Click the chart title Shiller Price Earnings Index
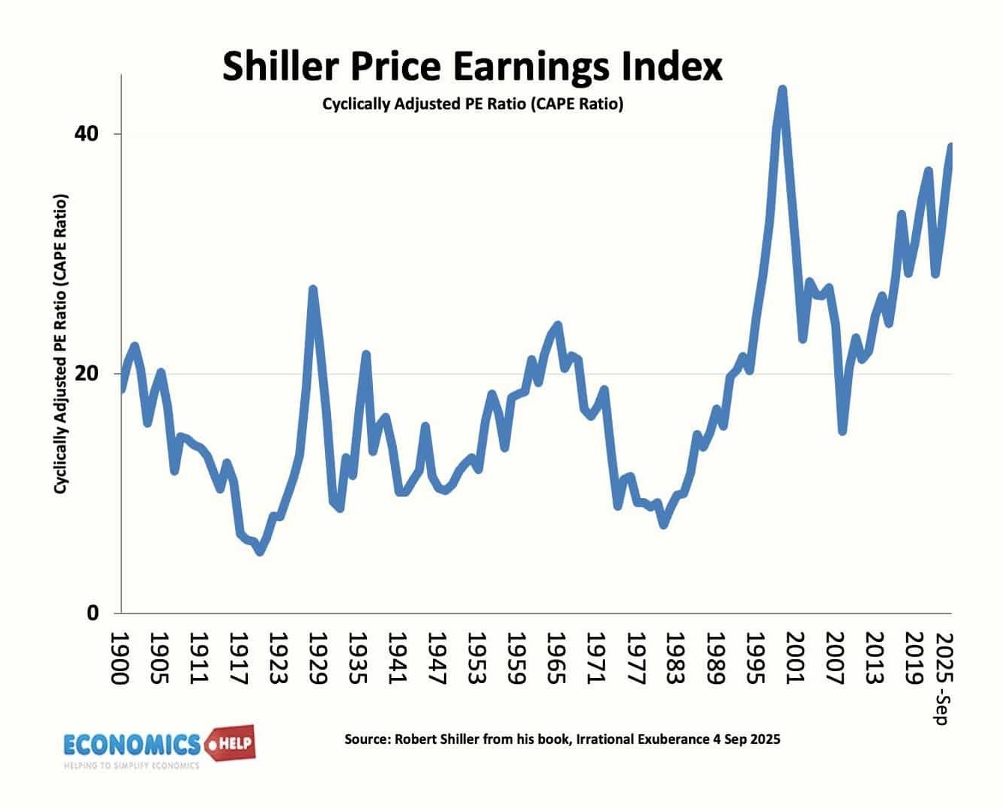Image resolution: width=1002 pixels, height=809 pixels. [x=473, y=66]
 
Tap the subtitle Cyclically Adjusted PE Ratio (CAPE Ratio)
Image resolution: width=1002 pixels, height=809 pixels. [x=473, y=104]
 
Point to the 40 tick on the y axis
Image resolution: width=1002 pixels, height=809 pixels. [x=86, y=134]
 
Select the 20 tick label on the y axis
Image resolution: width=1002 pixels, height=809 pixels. [x=86, y=373]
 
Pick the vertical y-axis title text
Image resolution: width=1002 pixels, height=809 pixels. [x=61, y=344]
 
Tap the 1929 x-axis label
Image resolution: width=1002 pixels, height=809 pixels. [x=317, y=658]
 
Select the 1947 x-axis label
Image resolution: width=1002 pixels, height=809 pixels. [x=435, y=658]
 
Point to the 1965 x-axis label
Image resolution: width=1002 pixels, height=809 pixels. [x=554, y=658]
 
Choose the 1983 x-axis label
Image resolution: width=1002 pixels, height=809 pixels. [x=673, y=658]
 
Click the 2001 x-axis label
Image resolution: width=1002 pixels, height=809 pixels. [x=792, y=658]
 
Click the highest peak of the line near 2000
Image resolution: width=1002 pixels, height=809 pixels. [x=782, y=90]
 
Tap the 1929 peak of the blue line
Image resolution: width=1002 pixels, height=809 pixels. [x=313, y=289]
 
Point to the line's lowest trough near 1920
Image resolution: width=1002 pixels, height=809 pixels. [x=260, y=551]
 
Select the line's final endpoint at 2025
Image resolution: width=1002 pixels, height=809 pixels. [x=951, y=147]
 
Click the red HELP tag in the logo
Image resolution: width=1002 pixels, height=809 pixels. [x=232, y=745]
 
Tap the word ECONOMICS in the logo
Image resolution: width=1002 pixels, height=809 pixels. [x=132, y=745]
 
